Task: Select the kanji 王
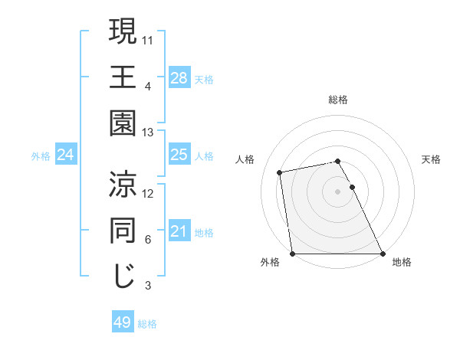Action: click(123, 77)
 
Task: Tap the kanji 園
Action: click(123, 125)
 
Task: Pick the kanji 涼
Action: click(123, 185)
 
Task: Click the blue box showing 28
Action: click(179, 78)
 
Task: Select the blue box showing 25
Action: click(179, 155)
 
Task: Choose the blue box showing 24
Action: click(65, 155)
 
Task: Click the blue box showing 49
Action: click(123, 323)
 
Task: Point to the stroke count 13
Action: click(148, 133)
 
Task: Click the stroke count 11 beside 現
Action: click(148, 38)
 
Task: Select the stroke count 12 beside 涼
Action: click(148, 193)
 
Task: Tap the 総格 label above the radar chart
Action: click(338, 100)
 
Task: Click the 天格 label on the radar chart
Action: click(431, 159)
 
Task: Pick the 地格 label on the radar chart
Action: click(402, 262)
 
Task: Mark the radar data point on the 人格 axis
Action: click(281, 172)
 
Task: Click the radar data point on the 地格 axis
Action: click(383, 254)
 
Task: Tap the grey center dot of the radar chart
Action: click(338, 191)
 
